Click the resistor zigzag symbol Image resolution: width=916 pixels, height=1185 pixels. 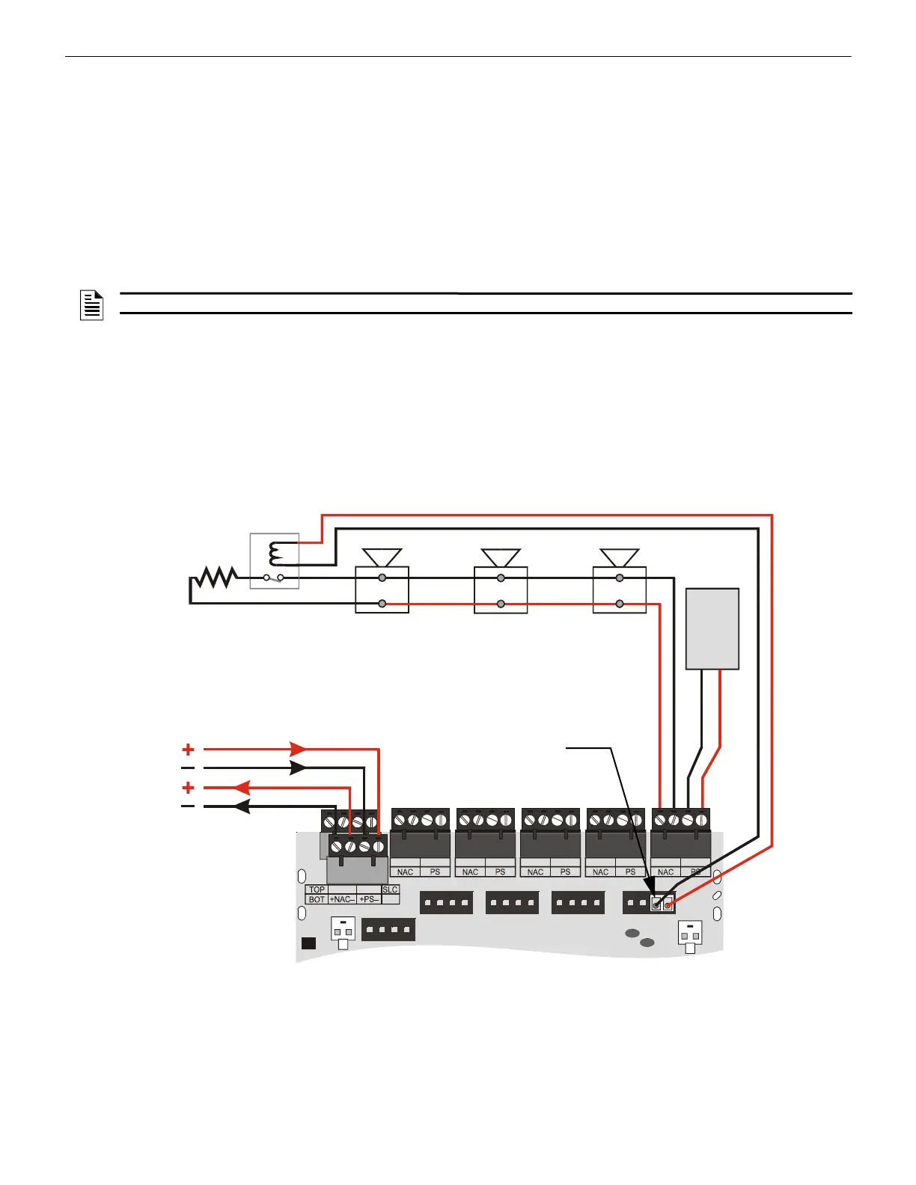click(216, 578)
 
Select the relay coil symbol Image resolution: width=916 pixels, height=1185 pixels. click(275, 554)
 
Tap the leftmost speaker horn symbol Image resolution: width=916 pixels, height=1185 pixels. click(382, 557)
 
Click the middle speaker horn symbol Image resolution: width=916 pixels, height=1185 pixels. click(501, 557)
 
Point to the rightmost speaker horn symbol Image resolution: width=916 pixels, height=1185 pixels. click(620, 557)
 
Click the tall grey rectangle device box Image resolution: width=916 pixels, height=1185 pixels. click(712, 628)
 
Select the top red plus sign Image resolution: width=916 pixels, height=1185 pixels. click(188, 749)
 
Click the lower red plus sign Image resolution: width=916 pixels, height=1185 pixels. click(188, 788)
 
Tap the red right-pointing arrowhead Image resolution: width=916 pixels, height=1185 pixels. click(298, 749)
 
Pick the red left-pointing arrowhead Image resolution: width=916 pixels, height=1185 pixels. click(242, 788)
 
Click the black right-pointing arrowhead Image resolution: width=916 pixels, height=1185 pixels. click(298, 768)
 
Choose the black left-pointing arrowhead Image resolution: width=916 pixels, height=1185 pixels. click(242, 806)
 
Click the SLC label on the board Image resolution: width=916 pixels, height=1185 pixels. click(390, 889)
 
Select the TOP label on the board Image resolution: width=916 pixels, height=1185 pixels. click(317, 890)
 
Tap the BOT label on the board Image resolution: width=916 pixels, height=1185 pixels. click(317, 899)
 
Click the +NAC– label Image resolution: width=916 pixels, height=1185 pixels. click(342, 899)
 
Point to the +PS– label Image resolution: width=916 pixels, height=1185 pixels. click(369, 899)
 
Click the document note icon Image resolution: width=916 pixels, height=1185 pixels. click(91, 305)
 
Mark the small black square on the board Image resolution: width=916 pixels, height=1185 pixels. click(308, 943)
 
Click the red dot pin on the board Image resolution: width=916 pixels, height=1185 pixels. click(668, 905)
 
